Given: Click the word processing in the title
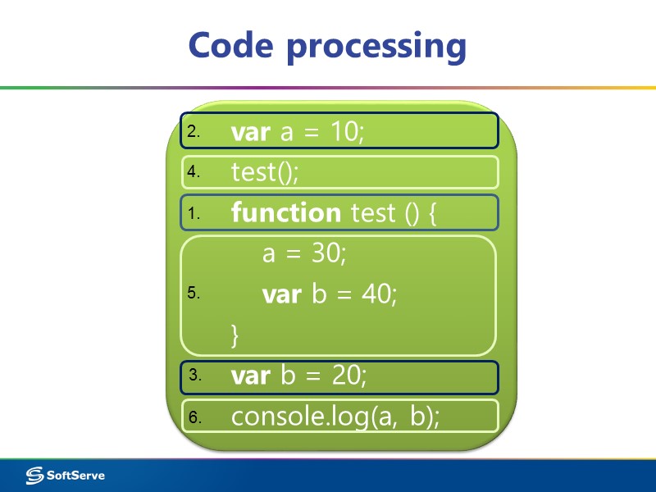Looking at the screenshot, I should click(376, 46).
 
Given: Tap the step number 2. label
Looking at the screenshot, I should click(194, 131).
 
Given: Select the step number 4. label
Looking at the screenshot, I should click(194, 172).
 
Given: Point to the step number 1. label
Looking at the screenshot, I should click(194, 213).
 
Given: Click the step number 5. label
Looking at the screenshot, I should click(194, 294).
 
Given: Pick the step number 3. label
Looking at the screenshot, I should click(194, 376).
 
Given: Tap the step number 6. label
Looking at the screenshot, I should click(194, 417).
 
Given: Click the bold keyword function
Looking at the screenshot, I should click(285, 213).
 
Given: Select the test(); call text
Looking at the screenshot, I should click(265, 172).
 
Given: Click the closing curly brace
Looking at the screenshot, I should click(235, 334).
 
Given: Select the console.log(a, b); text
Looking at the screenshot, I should click(335, 417).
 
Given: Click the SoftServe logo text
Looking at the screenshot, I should click(75, 475).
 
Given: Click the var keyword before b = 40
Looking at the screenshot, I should click(281, 294).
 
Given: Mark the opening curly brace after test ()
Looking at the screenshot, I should click(433, 214).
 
